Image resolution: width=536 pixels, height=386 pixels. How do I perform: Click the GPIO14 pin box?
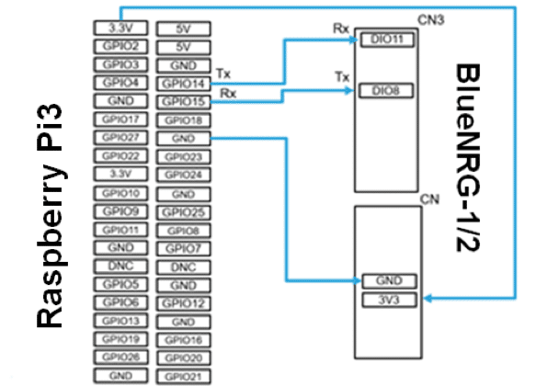point(183,84)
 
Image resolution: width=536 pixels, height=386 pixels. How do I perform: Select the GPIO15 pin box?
point(183,102)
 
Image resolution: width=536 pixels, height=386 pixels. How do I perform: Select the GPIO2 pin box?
point(120,46)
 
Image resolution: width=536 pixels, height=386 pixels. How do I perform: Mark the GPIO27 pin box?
point(120,138)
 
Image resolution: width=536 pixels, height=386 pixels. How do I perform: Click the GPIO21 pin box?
point(183,376)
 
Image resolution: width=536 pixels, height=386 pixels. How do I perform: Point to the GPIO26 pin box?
point(120,358)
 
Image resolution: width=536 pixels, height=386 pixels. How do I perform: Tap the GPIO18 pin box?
point(183,120)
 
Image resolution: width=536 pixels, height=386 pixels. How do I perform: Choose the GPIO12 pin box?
point(183,302)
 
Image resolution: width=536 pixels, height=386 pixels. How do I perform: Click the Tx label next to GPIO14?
point(222,72)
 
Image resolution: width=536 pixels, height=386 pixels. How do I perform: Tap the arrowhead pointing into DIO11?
point(356,40)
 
